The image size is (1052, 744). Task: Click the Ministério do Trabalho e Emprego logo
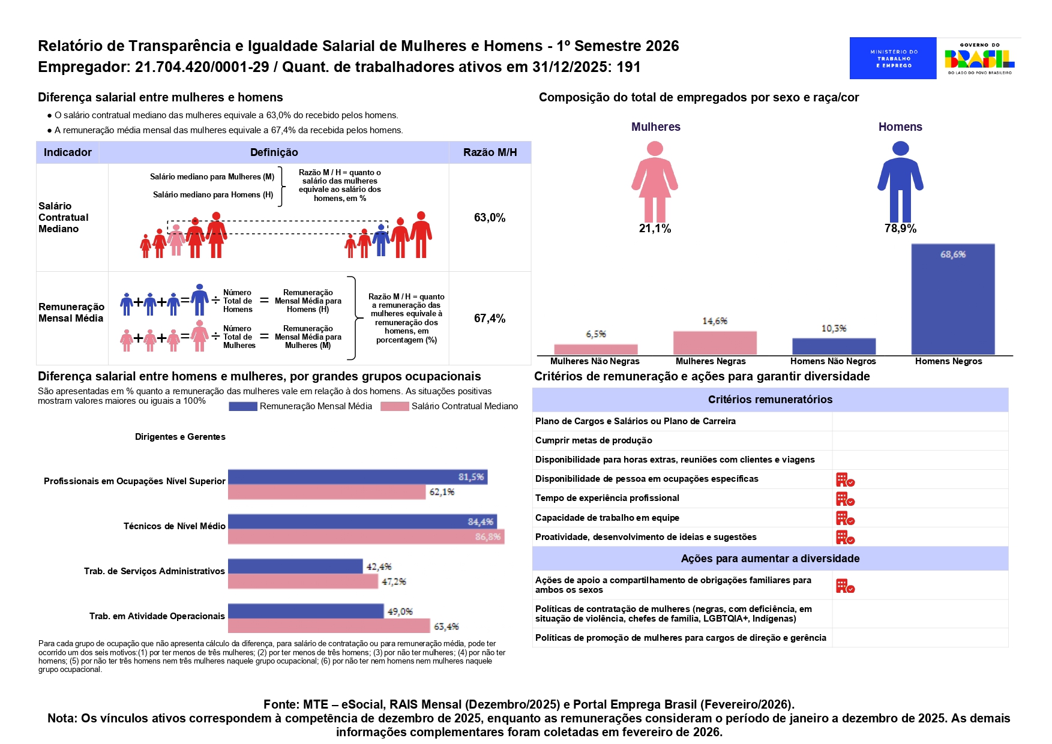pos(892,58)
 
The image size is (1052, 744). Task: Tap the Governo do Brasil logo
pos(979,58)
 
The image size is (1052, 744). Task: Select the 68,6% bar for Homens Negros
pos(952,299)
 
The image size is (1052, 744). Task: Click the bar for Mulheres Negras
pos(715,343)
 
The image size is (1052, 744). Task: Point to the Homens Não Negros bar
pos(834,346)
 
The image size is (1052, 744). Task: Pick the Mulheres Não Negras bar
pos(595,349)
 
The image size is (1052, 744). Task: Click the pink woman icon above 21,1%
pos(655,181)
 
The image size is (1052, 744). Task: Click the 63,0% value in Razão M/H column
pos(490,218)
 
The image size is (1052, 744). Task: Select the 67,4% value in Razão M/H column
pos(490,319)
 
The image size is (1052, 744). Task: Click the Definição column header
pos(274,152)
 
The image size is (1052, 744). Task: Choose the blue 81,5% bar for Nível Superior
pos(357,477)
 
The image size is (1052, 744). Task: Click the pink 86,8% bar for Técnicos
pos(365,536)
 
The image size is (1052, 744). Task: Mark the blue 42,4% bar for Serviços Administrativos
pos(295,566)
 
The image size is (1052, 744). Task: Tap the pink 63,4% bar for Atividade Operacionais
pos(329,626)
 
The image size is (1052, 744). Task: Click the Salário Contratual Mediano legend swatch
pos(394,406)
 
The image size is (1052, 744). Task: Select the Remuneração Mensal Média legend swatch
pos(242,406)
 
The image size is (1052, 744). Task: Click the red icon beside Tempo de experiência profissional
pos(845,499)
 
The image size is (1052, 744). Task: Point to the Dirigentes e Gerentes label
pos(180,437)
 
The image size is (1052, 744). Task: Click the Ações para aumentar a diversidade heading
pos(770,559)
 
